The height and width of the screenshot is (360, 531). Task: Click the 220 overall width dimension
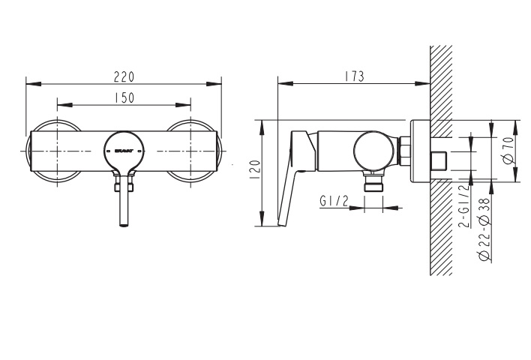[124, 75]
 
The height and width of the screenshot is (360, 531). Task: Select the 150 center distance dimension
[124, 97]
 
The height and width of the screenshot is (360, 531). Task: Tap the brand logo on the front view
[124, 151]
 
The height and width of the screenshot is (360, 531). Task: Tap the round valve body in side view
[373, 150]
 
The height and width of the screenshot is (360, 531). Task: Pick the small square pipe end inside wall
[439, 160]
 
